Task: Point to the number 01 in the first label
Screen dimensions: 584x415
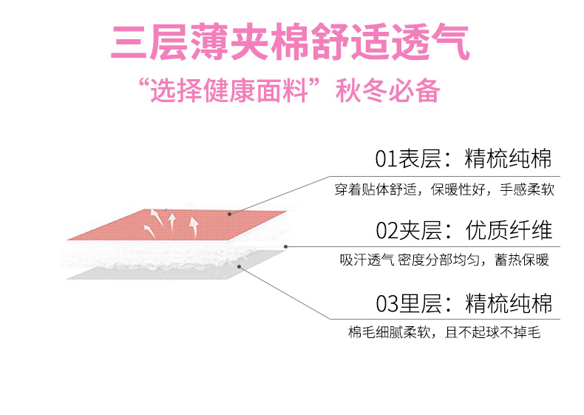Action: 386,159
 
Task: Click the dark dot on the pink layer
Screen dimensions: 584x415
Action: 230,214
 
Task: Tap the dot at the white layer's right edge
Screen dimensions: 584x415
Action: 285,246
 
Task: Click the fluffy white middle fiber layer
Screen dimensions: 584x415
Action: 170,254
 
